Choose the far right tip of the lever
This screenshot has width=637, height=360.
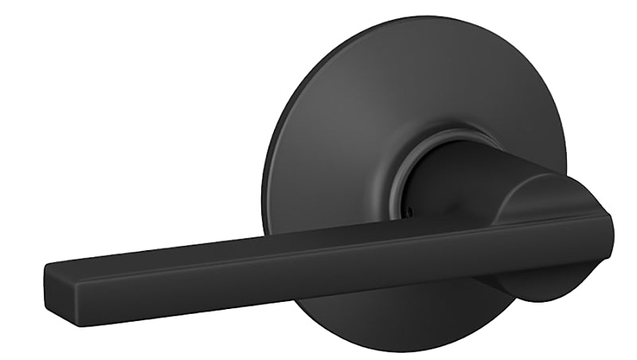click(614, 231)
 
